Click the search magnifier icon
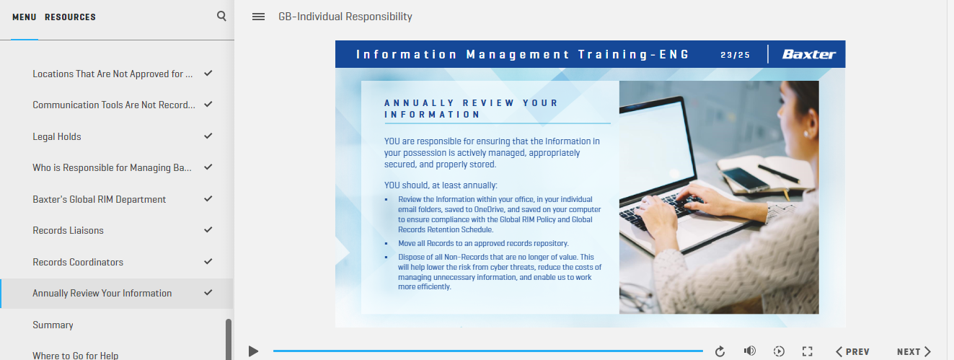click(221, 16)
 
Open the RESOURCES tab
click(70, 17)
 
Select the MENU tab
click(25, 17)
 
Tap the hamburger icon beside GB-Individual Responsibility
click(259, 17)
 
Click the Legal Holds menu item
click(57, 136)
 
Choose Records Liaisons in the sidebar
click(68, 230)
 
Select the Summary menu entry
click(53, 325)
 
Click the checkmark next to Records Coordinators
click(208, 261)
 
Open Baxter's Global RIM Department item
click(100, 199)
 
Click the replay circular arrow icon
click(720, 351)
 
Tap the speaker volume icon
click(750, 351)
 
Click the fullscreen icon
click(807, 351)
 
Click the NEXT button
click(914, 351)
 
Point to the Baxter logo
click(809, 54)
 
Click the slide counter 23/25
click(735, 55)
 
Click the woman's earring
click(806, 133)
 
